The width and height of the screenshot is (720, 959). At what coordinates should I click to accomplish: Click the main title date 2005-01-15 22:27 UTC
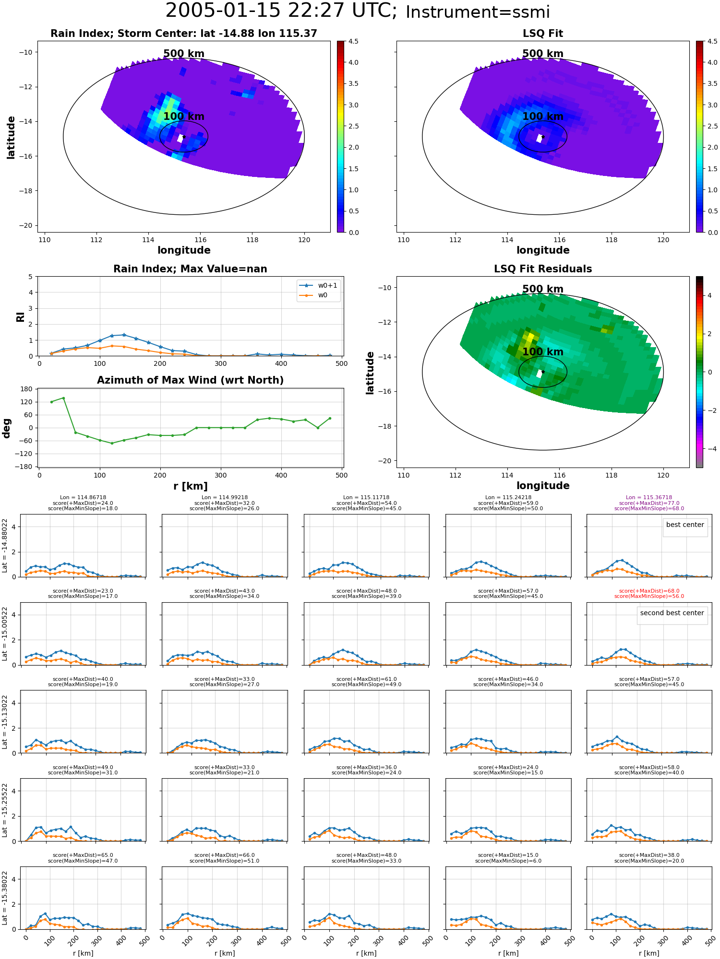click(x=281, y=11)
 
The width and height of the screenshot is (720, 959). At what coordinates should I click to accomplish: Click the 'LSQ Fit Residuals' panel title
click(x=543, y=269)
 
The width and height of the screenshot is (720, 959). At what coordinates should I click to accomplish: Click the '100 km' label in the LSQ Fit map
click(x=543, y=117)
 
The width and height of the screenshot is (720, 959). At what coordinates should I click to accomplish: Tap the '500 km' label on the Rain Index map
click(x=184, y=54)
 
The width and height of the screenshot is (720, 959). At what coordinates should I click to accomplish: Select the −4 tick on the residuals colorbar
click(x=709, y=449)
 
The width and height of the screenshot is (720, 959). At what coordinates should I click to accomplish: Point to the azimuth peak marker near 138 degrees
click(x=63, y=398)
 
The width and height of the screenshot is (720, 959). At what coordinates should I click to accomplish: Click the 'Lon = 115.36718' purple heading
click(x=649, y=498)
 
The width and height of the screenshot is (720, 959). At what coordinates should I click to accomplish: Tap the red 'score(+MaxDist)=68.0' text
click(x=649, y=591)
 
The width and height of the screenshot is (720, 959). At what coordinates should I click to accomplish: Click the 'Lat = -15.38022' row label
click(x=5, y=898)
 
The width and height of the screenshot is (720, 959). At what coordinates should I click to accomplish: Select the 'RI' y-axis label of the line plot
click(x=20, y=317)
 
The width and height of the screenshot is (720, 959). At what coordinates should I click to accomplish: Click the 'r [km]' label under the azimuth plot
click(x=191, y=486)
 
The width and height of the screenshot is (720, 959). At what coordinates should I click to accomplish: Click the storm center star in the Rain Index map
click(x=184, y=137)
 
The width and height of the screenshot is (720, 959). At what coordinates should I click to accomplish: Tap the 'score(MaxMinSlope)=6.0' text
click(x=508, y=861)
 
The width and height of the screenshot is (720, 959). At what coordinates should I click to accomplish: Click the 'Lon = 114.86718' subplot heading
click(x=83, y=498)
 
